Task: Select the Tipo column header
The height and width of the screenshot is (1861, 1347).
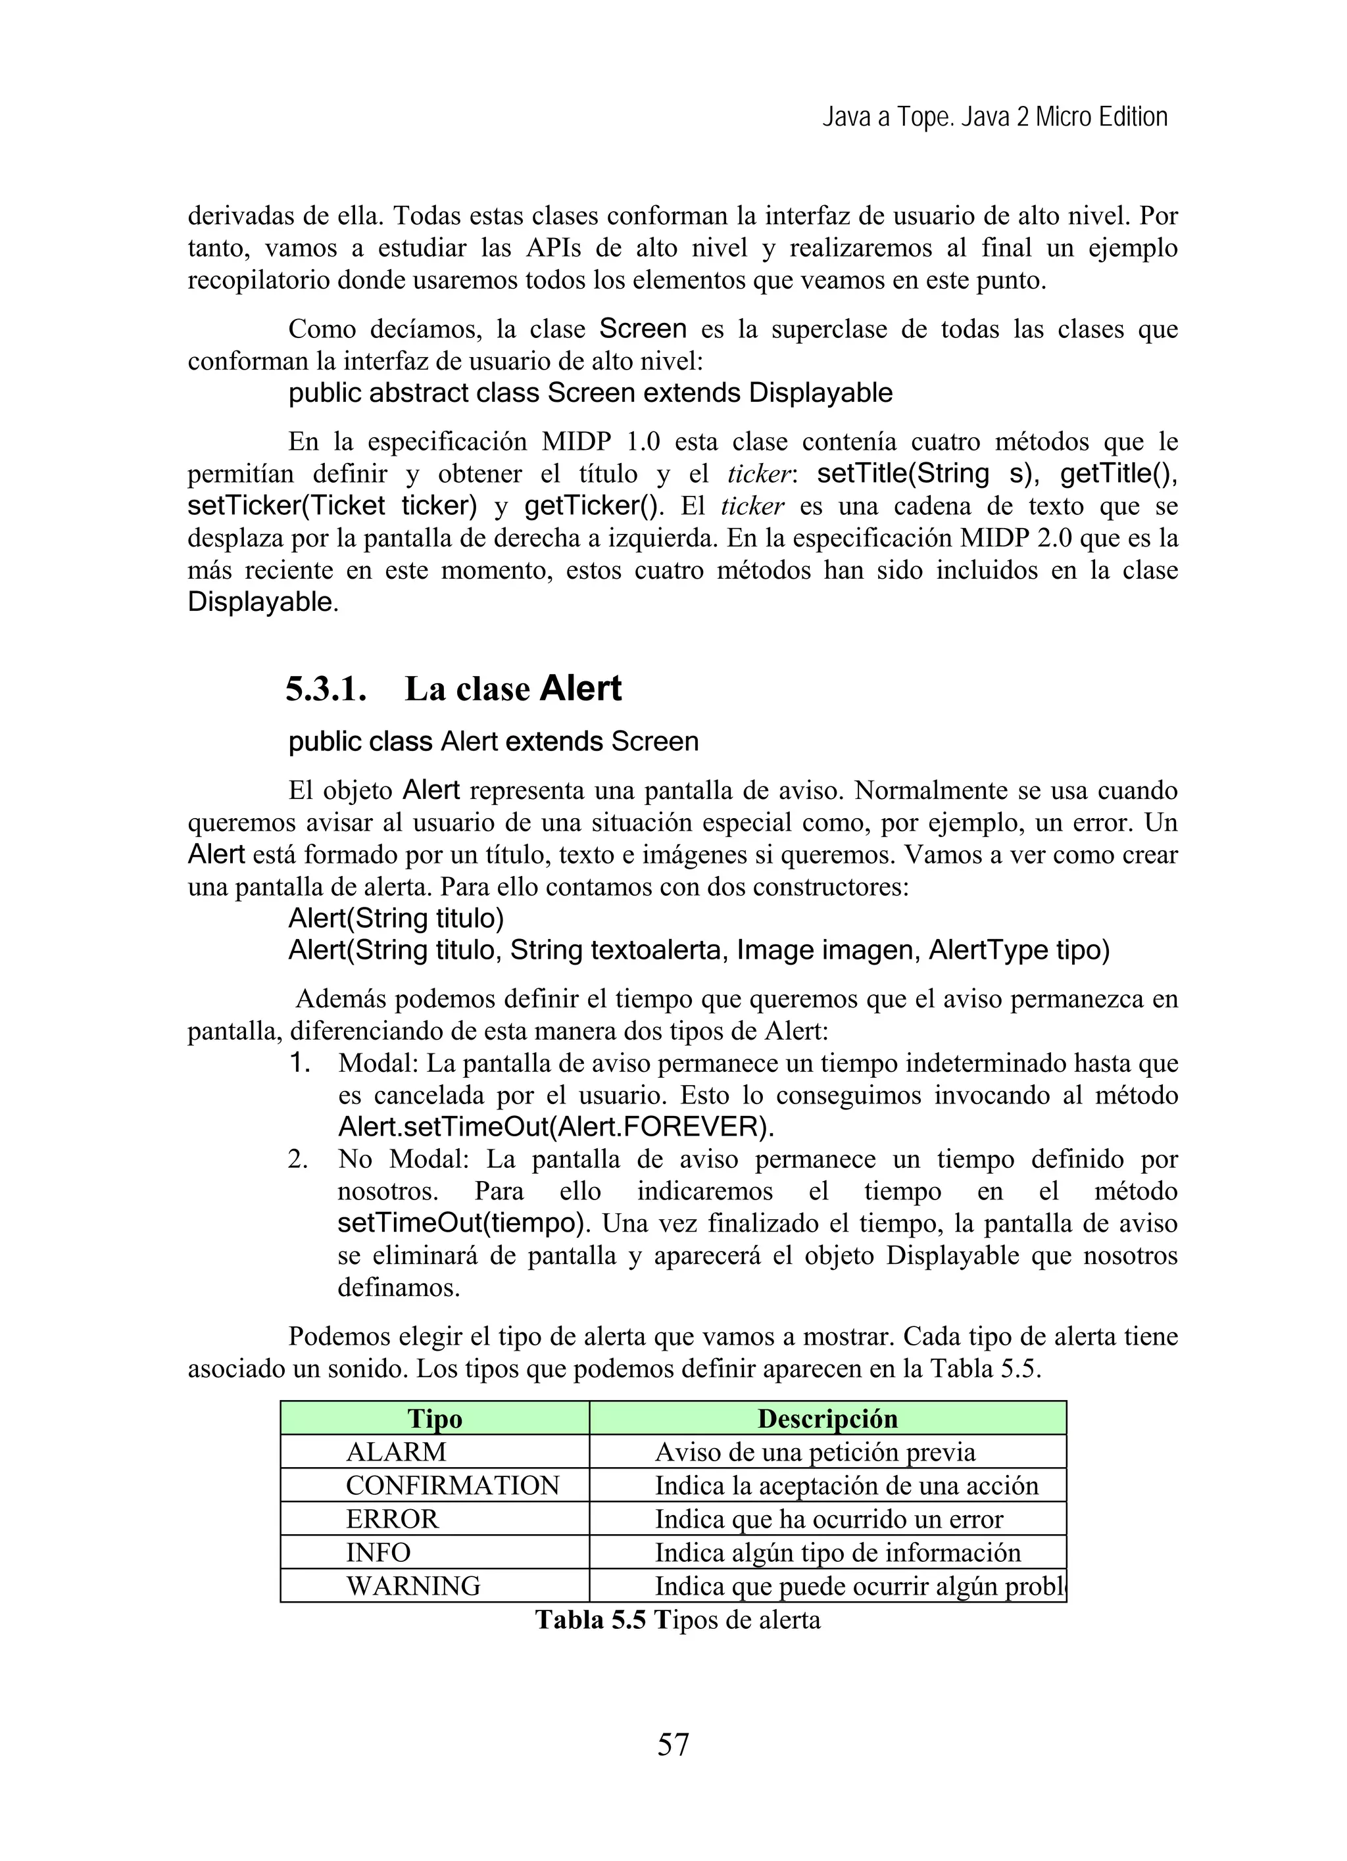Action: pos(434,1418)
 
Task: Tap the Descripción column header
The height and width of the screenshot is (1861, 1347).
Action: pos(827,1418)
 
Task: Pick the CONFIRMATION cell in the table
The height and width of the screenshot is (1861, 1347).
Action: pos(453,1486)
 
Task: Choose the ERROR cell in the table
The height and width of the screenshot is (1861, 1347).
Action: pos(393,1519)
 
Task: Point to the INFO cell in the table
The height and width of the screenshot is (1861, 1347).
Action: pos(378,1553)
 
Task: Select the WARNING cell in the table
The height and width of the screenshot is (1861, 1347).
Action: pos(413,1586)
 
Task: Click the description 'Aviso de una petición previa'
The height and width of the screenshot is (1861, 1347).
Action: pos(814,1453)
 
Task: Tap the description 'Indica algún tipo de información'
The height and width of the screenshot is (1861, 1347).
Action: pos(837,1553)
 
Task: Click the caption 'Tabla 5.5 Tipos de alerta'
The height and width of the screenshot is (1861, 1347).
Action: pos(677,1620)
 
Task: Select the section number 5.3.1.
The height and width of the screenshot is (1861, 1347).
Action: pos(326,689)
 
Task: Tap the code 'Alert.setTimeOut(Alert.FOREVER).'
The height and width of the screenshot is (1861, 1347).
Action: pos(556,1126)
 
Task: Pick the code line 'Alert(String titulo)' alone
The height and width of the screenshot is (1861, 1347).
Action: pos(396,917)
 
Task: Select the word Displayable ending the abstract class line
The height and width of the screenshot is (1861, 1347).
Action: pos(820,393)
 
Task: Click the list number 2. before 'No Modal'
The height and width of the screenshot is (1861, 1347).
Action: pos(297,1159)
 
